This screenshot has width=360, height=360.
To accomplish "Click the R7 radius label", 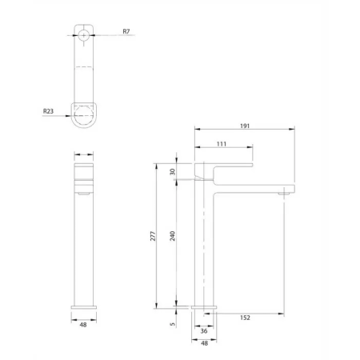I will tap(126, 31).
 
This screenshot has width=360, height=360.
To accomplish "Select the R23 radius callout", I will tap(49, 114).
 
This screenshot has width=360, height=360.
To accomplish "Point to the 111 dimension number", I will tap(223, 144).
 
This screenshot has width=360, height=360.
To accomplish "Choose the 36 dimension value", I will tap(205, 330).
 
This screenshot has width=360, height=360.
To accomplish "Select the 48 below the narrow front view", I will tap(84, 326).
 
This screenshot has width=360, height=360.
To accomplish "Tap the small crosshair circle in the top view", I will tap(84, 34).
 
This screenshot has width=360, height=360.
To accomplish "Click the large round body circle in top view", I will tap(84, 114).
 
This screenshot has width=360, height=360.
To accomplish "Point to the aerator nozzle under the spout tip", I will tap(284, 193).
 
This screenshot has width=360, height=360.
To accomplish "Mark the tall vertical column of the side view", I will tap(205, 248).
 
